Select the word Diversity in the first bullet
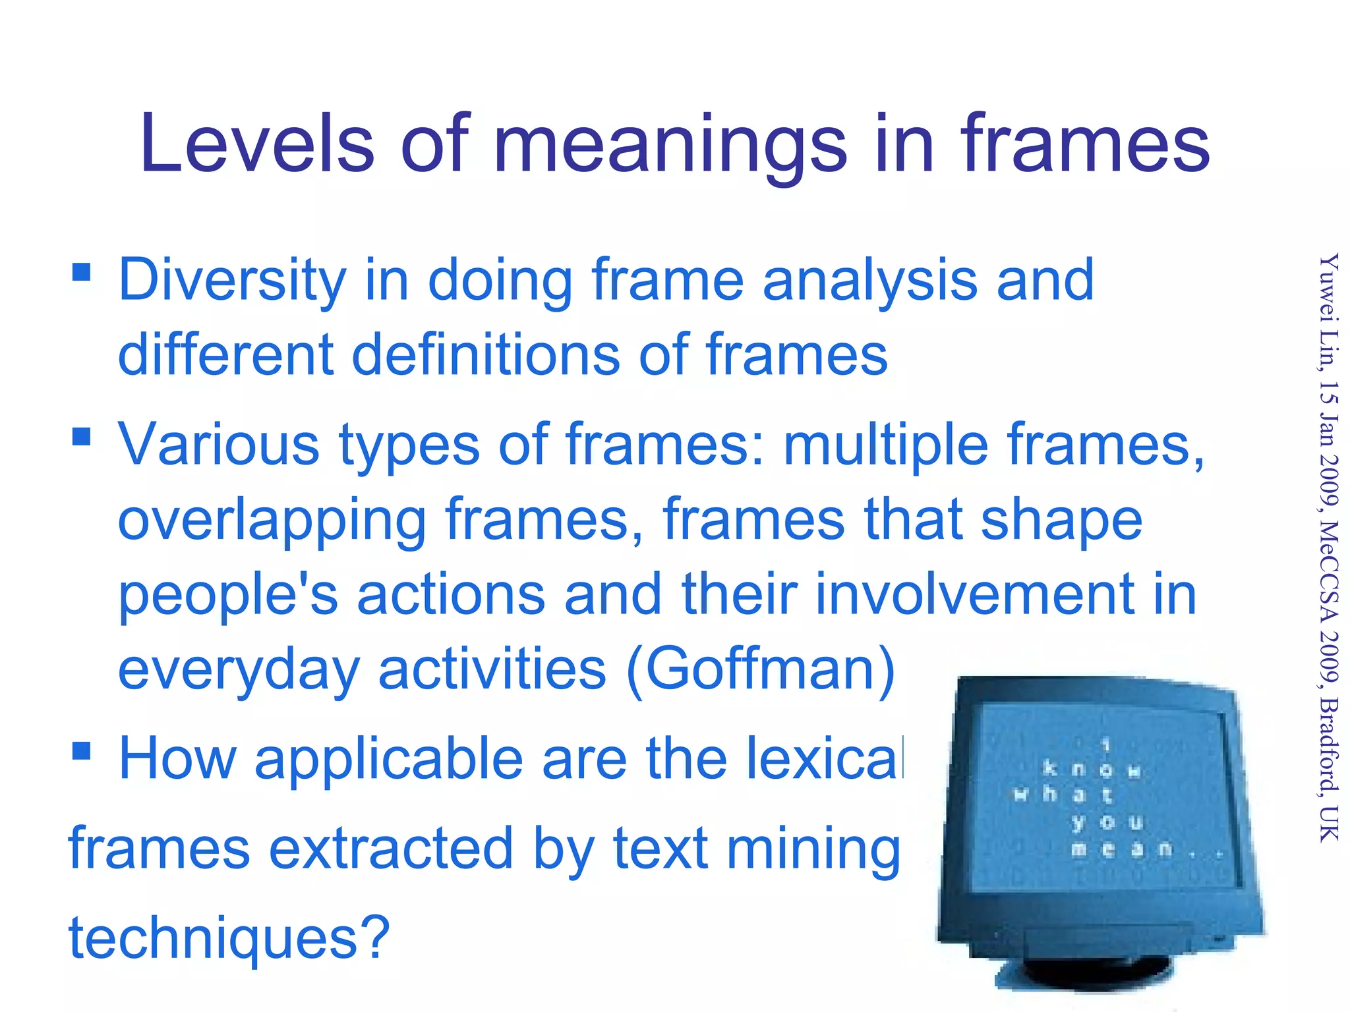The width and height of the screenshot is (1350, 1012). (x=232, y=281)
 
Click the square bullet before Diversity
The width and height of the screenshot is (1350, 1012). (x=82, y=272)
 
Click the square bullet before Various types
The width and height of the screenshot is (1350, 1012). (x=82, y=436)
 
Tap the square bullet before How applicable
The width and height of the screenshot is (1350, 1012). (x=82, y=750)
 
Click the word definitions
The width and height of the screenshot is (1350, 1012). (x=486, y=355)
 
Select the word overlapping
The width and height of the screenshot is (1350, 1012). (x=272, y=521)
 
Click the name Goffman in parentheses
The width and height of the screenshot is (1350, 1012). (x=761, y=669)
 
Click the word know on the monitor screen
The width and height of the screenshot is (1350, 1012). (x=1091, y=770)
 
